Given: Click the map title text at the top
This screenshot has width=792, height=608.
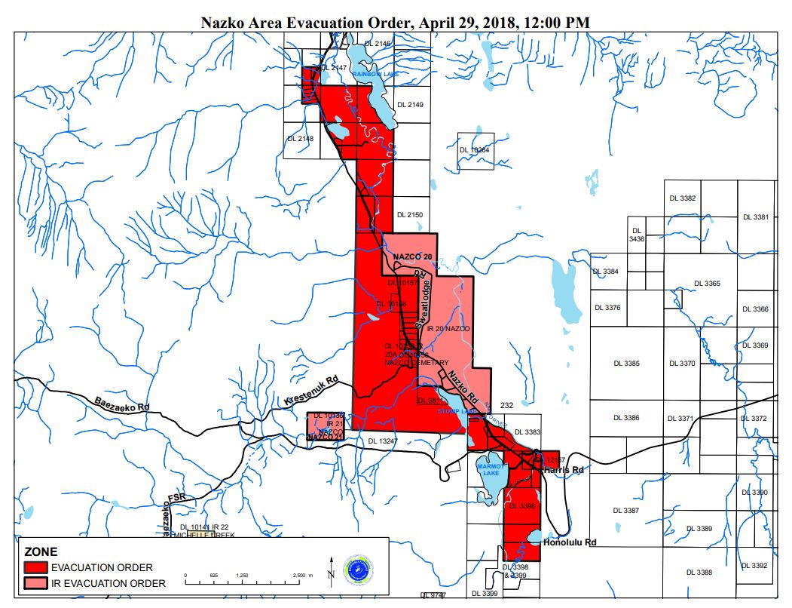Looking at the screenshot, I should pyautogui.click(x=395, y=23).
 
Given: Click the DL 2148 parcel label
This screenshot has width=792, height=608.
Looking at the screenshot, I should pyautogui.click(x=301, y=138).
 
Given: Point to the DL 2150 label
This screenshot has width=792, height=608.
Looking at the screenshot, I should pyautogui.click(x=410, y=215).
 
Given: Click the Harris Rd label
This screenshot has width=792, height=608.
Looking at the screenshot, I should pyautogui.click(x=563, y=470).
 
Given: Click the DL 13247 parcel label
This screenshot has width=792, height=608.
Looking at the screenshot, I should pyautogui.click(x=382, y=441).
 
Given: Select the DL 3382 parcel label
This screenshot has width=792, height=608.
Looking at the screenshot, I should pyautogui.click(x=682, y=198).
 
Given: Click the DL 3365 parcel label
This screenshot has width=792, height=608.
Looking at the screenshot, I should pyautogui.click(x=706, y=284).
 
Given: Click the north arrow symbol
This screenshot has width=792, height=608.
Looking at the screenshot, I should pyautogui.click(x=331, y=568).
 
